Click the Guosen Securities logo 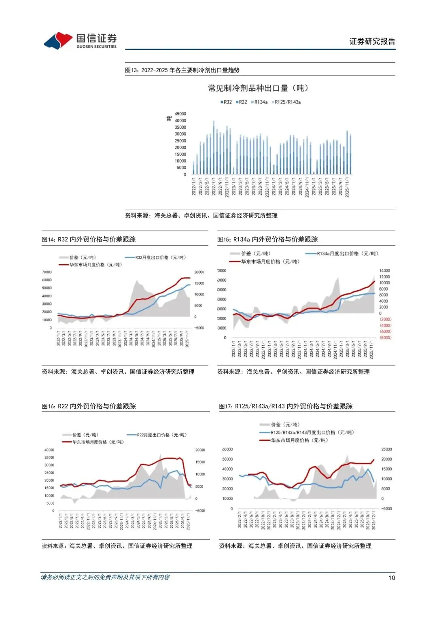[x=80, y=41]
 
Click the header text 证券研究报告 [x=372, y=41]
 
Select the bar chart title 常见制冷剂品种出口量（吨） [x=258, y=88]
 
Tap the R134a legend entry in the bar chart [x=260, y=102]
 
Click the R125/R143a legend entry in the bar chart [x=286, y=102]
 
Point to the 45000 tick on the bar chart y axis [x=180, y=114]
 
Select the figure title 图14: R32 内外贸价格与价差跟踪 [x=89, y=239]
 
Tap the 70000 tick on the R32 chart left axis [x=47, y=272]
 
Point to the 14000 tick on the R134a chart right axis [x=384, y=270]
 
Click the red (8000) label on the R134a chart [x=386, y=338]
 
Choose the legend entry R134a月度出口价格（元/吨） [x=343, y=253]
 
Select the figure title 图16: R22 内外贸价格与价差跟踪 [x=89, y=406]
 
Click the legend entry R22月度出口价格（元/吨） [x=157, y=435]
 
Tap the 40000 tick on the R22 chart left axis [x=49, y=450]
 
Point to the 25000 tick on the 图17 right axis [x=386, y=449]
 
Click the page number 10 [x=392, y=578]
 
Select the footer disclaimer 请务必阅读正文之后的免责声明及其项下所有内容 [x=105, y=577]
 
